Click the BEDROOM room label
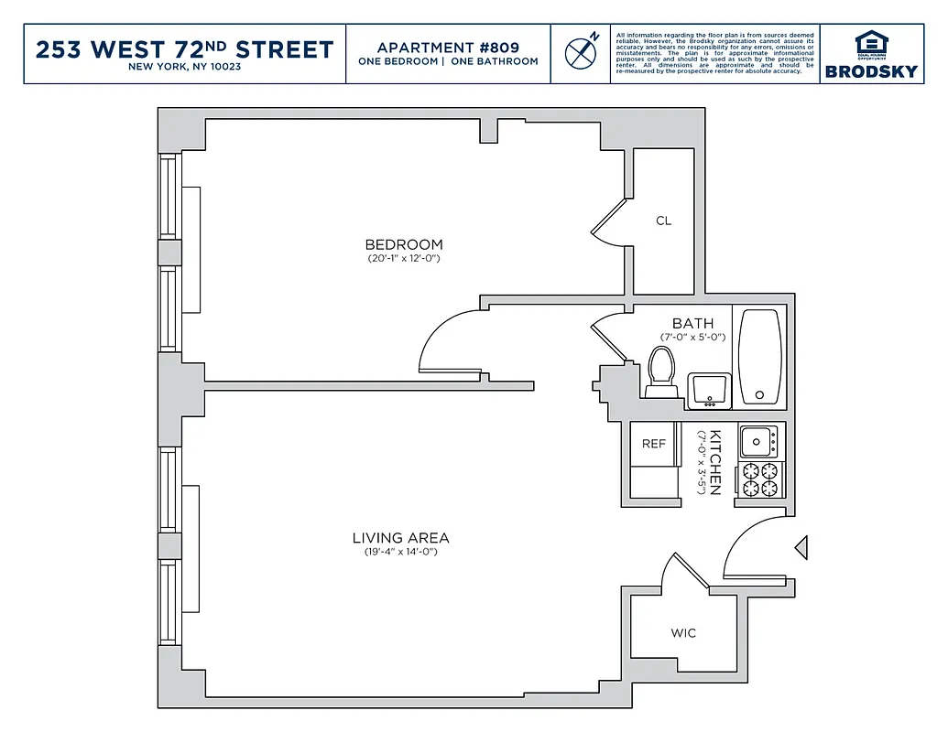point(404,244)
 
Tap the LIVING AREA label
point(401,538)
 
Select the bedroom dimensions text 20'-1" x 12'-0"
point(404,258)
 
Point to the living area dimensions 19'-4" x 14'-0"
point(401,552)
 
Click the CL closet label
point(664,221)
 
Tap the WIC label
point(683,633)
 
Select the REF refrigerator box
point(653,444)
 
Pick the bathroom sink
point(709,390)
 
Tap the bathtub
point(760,357)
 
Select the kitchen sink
point(758,442)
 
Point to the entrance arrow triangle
point(801,547)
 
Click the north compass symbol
point(580,53)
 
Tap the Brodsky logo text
point(871,71)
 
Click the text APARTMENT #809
point(448,47)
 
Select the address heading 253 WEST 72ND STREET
point(184,49)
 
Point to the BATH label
point(692,324)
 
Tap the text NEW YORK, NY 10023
point(184,68)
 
